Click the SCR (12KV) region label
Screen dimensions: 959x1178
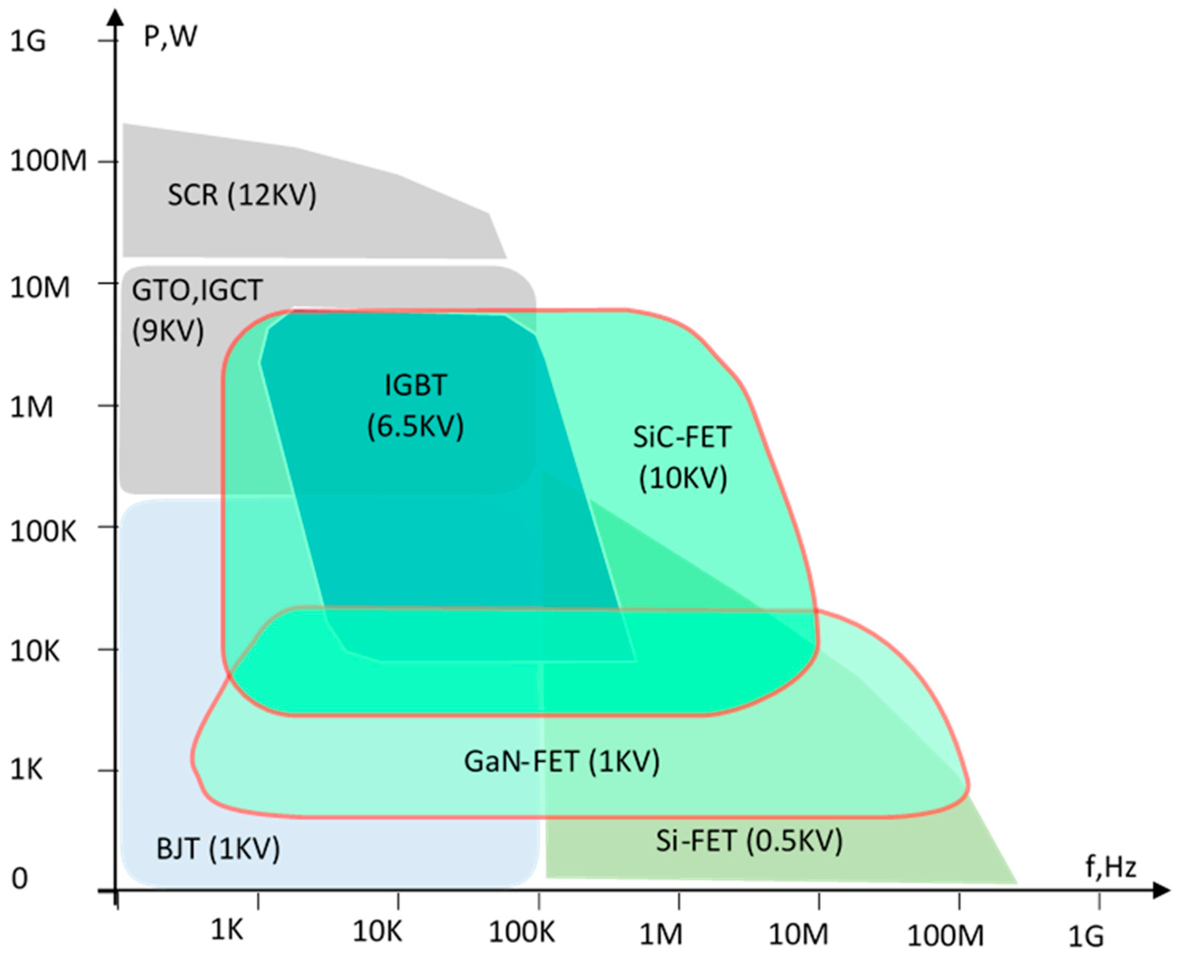click(x=242, y=195)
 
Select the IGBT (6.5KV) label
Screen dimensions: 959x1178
click(x=416, y=406)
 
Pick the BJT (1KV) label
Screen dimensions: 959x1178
click(x=218, y=848)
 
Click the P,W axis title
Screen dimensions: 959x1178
click(x=170, y=37)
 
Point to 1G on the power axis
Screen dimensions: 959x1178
click(x=27, y=41)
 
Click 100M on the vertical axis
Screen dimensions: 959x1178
click(x=49, y=161)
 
